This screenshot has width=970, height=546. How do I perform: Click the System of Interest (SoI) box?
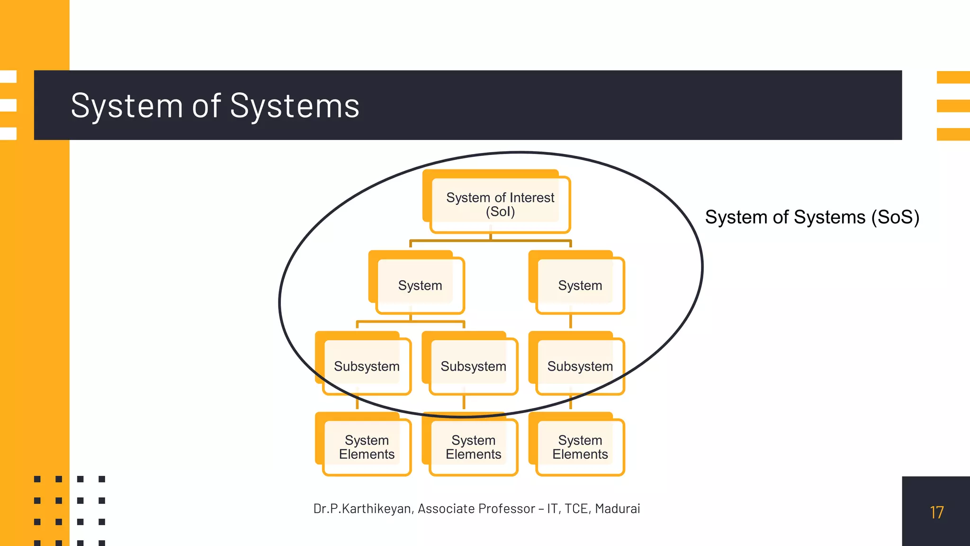[x=500, y=204]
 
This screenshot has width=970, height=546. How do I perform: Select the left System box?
[x=420, y=285]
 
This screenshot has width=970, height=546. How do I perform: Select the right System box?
[x=580, y=285]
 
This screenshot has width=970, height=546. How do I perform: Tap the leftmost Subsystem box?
[x=366, y=366]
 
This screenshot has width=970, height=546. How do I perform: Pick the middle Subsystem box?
[x=473, y=366]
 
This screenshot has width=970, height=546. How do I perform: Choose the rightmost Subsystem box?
[x=580, y=366]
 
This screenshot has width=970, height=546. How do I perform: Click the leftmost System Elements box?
[x=366, y=447]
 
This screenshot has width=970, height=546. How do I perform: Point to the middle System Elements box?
[x=473, y=447]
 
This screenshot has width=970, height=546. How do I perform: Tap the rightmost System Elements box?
[x=580, y=447]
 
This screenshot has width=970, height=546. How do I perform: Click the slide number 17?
[x=936, y=512]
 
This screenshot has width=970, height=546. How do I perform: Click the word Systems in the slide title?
[x=294, y=105]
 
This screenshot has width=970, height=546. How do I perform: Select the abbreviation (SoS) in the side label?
[x=895, y=217]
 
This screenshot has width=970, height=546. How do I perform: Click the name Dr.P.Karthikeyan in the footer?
[x=362, y=509]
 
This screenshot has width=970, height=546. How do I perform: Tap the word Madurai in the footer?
[x=617, y=509]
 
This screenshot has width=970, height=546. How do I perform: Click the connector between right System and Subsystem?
[x=570, y=322]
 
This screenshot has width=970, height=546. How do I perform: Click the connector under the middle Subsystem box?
[x=464, y=402]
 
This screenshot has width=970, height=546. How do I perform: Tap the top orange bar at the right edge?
[x=953, y=77]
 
